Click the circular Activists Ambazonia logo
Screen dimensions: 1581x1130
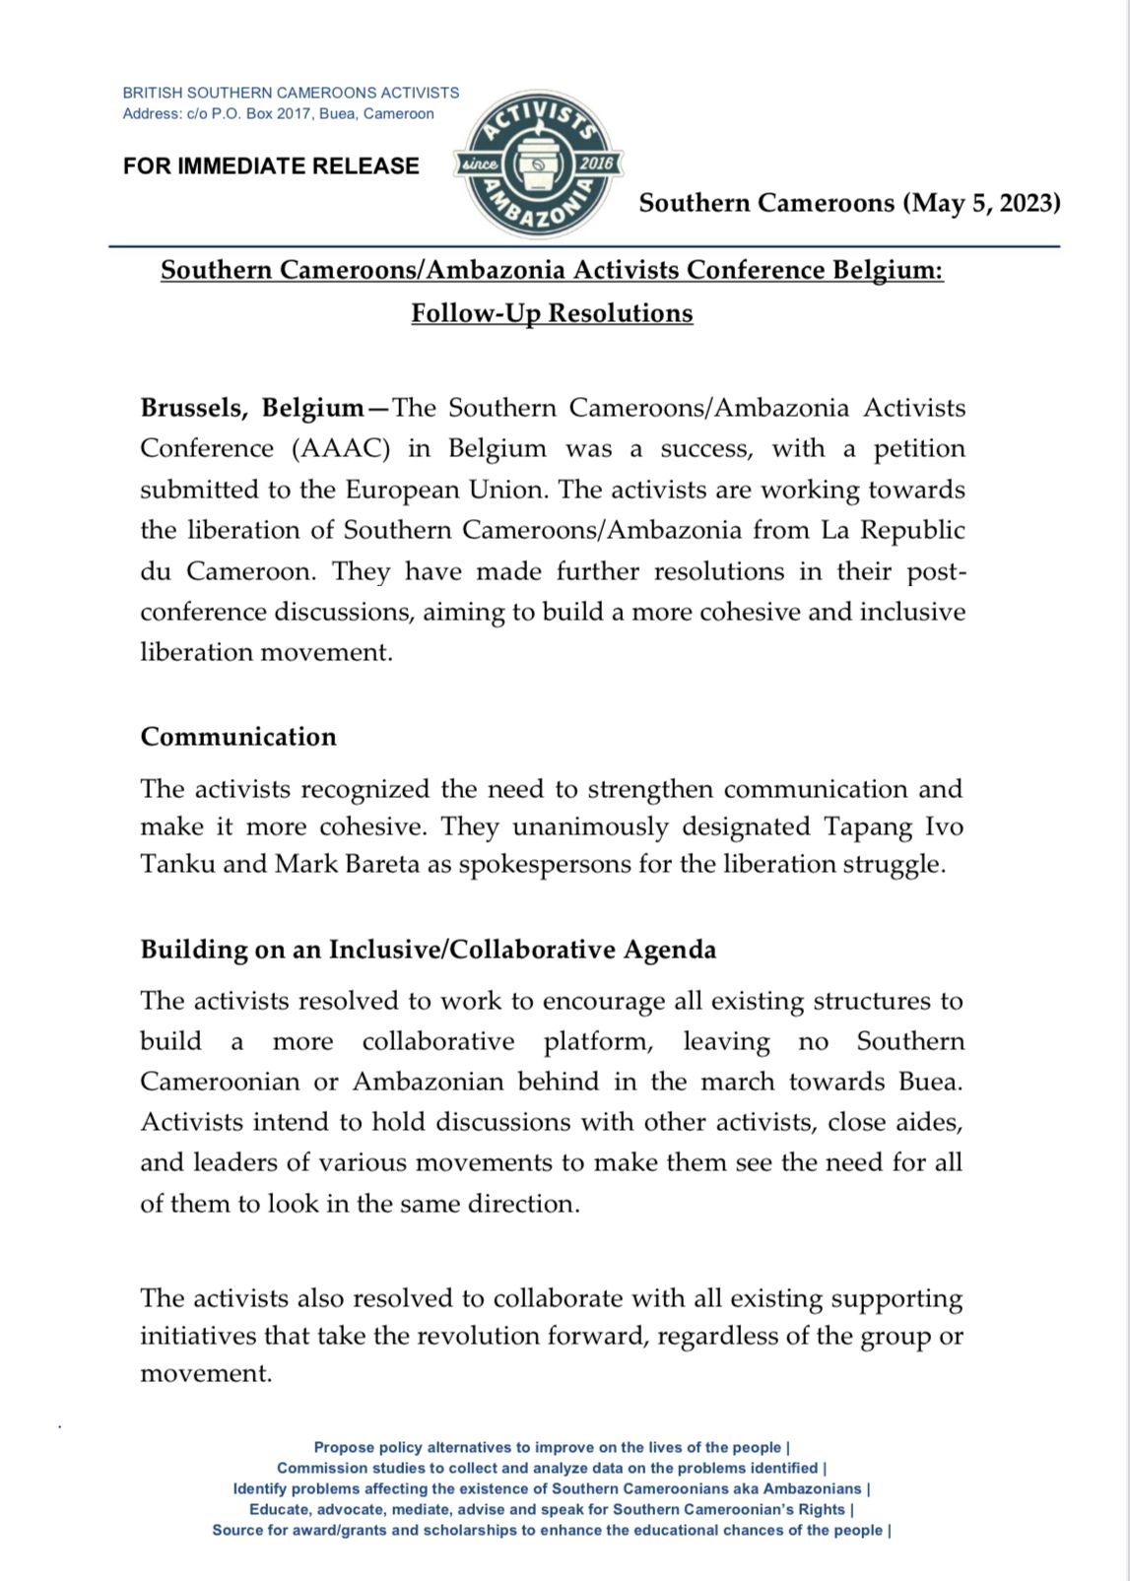[538, 164]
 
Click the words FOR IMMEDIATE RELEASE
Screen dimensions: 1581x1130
[271, 165]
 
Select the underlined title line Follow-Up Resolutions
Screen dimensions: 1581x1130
[552, 313]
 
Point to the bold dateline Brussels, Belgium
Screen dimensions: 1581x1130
[252, 408]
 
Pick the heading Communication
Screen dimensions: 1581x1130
[238, 737]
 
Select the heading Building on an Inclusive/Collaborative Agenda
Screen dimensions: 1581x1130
[429, 950]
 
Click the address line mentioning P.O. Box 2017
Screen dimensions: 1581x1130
[278, 113]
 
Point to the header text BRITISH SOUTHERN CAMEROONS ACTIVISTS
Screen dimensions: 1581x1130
[291, 93]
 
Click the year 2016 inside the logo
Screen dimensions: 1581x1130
[595, 164]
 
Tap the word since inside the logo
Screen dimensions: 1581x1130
[481, 165]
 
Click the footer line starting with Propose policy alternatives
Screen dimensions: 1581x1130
[552, 1447]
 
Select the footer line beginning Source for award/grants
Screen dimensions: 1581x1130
[552, 1530]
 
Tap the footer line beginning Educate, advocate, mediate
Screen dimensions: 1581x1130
[552, 1509]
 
